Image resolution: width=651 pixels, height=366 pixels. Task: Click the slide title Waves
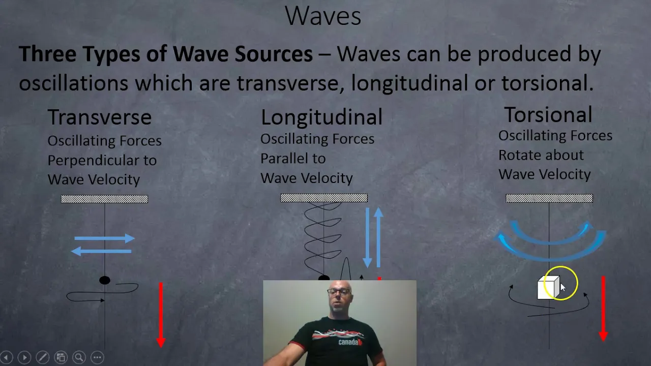click(x=323, y=16)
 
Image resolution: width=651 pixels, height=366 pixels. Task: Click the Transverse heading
click(x=99, y=117)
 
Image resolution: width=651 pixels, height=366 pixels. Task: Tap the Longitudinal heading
click(x=321, y=117)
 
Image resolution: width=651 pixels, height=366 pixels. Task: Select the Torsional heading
click(x=548, y=114)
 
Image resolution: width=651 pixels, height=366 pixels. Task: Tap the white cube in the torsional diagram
click(x=548, y=287)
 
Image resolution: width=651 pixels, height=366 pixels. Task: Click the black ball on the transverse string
click(x=105, y=280)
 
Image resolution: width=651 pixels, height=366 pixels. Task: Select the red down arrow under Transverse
click(x=161, y=315)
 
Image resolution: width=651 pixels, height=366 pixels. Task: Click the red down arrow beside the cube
click(x=603, y=309)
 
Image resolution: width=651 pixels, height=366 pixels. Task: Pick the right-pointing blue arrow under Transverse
click(x=105, y=238)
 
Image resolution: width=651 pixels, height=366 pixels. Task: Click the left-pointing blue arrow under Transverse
click(x=101, y=251)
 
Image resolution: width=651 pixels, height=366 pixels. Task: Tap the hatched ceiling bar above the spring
click(x=324, y=198)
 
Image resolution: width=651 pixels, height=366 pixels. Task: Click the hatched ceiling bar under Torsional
click(x=549, y=198)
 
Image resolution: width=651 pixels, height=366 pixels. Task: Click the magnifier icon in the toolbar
click(x=79, y=357)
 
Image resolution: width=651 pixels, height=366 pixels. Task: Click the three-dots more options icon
click(x=97, y=357)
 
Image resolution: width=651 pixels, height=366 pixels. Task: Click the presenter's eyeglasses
click(x=339, y=292)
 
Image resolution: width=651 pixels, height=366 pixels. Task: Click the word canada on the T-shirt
click(x=348, y=342)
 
